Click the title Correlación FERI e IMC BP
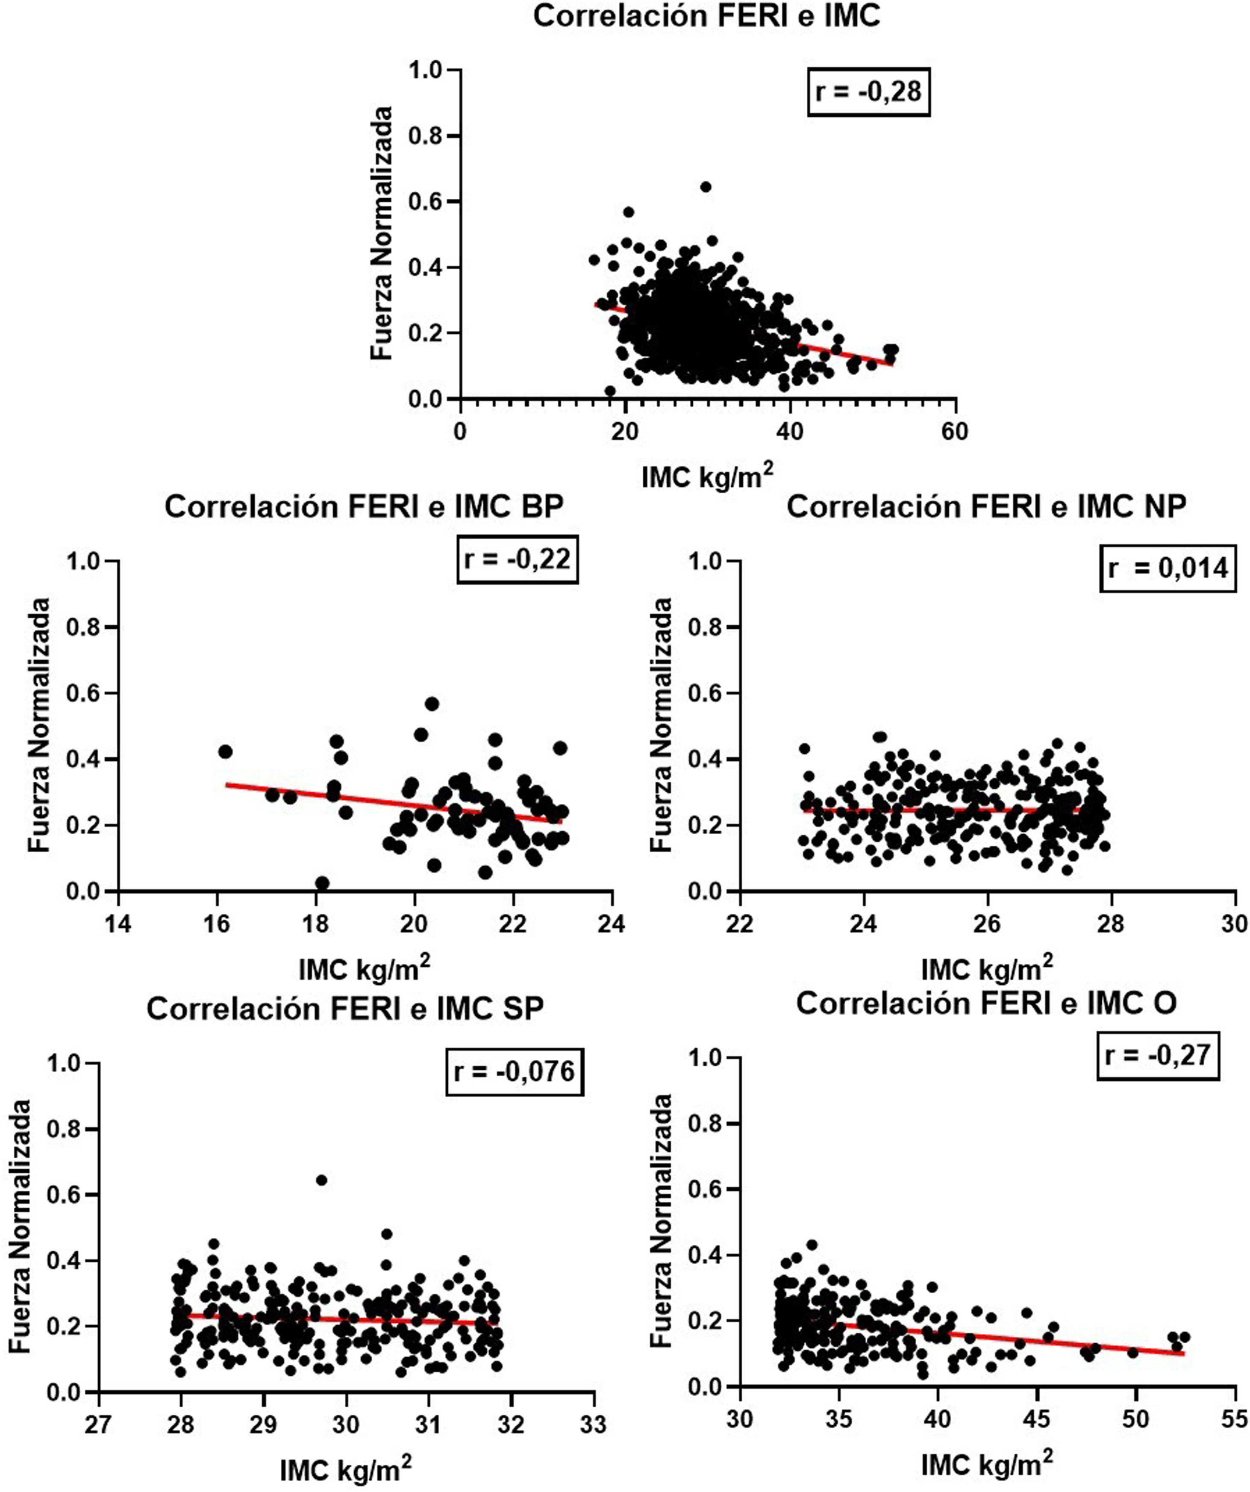365,508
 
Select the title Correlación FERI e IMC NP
986,508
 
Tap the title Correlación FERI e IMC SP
345,1009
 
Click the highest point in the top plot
705,187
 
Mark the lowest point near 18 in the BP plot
322,883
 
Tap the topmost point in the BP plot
432,704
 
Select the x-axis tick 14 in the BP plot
118,924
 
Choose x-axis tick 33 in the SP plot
593,1425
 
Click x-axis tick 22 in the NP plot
740,924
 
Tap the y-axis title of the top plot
382,233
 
